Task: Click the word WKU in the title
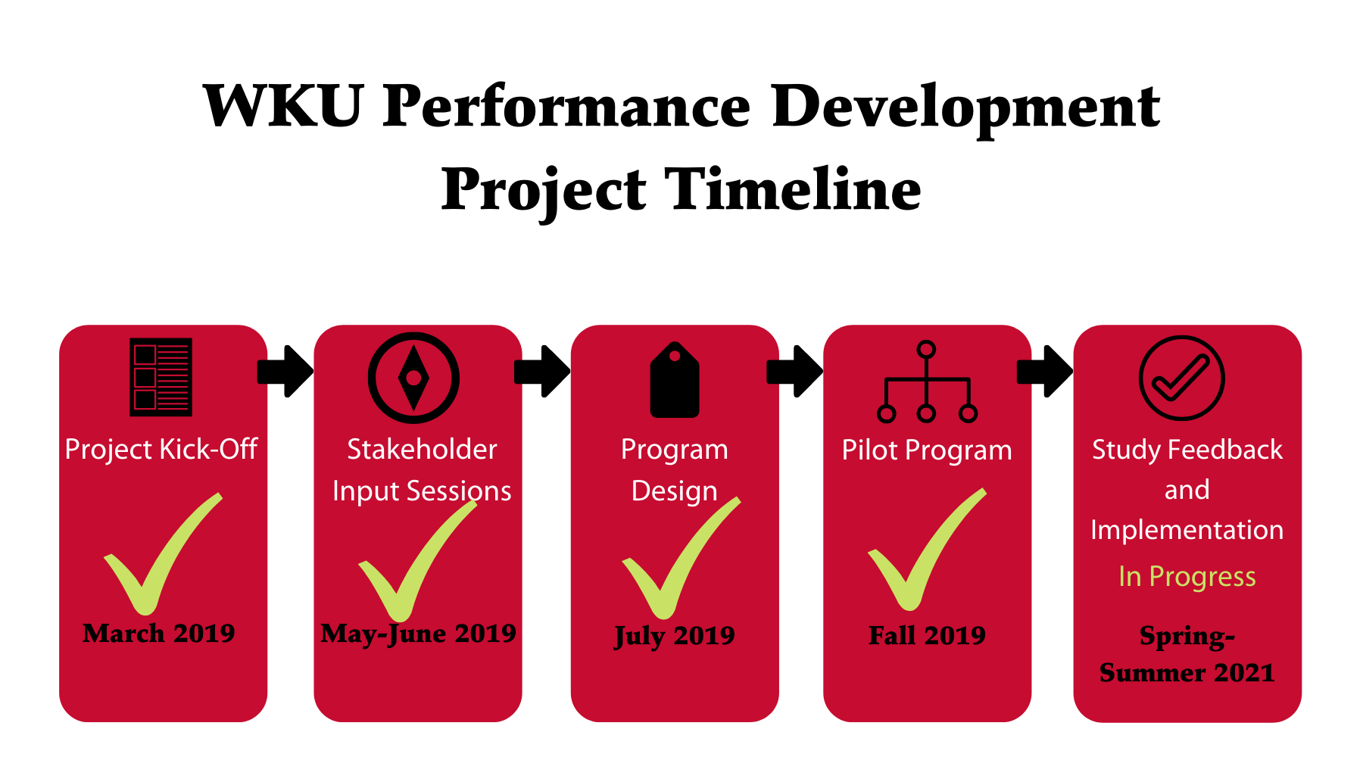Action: coord(283,105)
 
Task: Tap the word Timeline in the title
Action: coord(793,188)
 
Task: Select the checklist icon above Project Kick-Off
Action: coord(161,377)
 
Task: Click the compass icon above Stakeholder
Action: coord(413,378)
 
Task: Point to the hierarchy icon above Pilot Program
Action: coord(927,382)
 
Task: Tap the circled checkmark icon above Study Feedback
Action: coord(1182,378)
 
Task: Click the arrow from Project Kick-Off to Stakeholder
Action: coord(285,371)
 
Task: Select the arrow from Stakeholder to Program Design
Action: coord(542,371)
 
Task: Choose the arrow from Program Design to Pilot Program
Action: coord(795,371)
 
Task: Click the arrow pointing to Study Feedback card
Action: coord(1045,371)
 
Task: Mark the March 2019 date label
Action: coord(159,633)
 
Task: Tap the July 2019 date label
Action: coord(675,636)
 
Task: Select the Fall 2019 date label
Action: coord(927,635)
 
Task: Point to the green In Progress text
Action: coord(1187,577)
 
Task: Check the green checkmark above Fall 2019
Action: coord(927,550)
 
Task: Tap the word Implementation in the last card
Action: coord(1187,530)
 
